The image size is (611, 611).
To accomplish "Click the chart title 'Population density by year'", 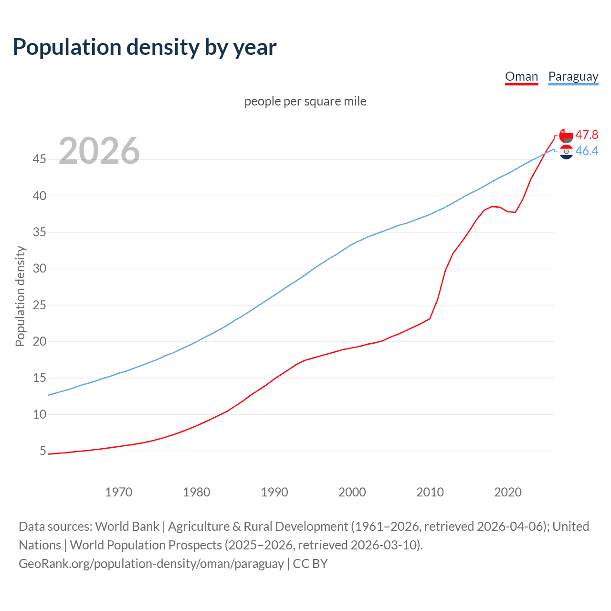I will click(x=145, y=47).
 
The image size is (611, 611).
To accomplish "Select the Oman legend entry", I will click(x=521, y=76).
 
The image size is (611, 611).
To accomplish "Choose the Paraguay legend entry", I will click(x=573, y=76).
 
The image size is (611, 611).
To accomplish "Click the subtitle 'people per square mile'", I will click(x=305, y=101).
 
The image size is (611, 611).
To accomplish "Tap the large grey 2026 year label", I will click(x=99, y=151).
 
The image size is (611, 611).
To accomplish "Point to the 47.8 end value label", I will click(x=587, y=135).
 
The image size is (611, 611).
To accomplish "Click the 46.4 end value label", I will click(x=587, y=151).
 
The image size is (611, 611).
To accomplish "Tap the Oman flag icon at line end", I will click(x=566, y=136).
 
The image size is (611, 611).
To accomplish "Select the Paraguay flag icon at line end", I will click(x=566, y=152).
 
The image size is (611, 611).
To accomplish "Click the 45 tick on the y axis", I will click(x=40, y=159).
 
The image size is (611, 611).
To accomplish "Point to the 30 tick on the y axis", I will click(x=40, y=268).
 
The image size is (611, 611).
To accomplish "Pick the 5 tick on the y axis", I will click(x=43, y=451).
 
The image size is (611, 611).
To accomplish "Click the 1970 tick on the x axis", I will click(x=119, y=492).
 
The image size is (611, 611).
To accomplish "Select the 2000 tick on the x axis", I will click(x=352, y=492).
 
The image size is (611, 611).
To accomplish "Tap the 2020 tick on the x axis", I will click(x=508, y=492).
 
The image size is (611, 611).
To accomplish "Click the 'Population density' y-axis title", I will click(x=20, y=296).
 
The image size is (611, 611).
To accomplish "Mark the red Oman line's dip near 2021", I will click(x=515, y=212).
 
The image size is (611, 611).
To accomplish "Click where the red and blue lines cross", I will click(x=546, y=153).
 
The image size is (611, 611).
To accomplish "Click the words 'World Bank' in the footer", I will click(x=127, y=527).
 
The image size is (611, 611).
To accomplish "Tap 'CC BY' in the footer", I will click(x=310, y=564).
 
